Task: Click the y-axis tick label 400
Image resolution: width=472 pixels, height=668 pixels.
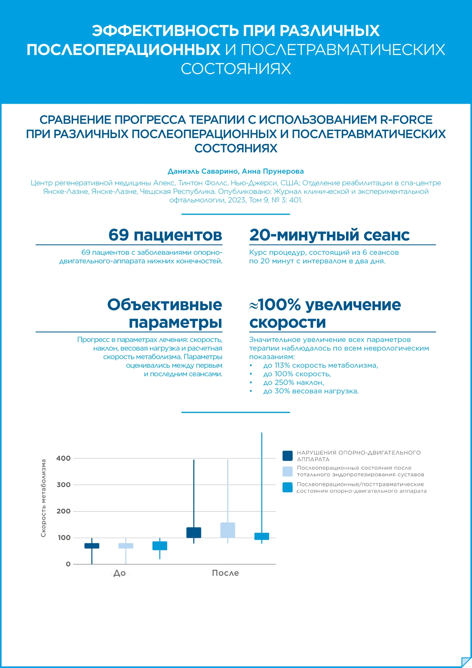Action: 63,458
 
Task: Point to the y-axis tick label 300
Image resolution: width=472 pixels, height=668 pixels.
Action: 63,485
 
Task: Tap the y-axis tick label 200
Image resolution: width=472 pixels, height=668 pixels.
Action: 63,511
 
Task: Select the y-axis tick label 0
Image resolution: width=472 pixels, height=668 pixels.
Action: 68,564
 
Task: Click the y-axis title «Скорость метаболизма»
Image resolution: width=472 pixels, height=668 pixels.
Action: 43,498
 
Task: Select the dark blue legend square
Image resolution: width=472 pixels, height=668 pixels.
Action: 287,456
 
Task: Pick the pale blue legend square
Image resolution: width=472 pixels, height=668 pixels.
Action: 287,471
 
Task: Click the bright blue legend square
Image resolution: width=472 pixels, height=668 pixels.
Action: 287,487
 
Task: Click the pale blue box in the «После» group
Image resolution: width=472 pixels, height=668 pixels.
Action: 228,530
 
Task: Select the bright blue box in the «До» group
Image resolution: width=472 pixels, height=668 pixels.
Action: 160,546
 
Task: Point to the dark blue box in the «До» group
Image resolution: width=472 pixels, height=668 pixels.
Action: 92,546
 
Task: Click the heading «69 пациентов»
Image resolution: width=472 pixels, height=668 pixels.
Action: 165,235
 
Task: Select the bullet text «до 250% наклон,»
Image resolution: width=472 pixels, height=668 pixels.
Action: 293,382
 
